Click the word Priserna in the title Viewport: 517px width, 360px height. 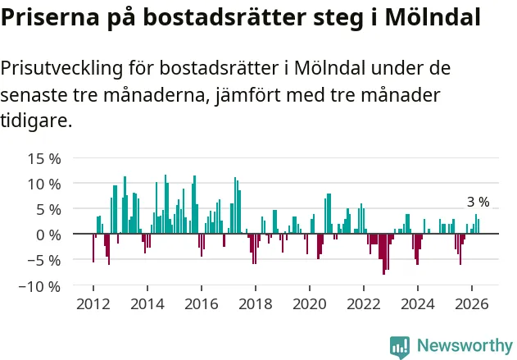50,17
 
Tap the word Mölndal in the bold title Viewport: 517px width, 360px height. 433,17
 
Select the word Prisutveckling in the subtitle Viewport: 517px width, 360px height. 61,69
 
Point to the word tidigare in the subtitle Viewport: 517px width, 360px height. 36,120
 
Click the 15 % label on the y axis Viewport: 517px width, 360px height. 44,159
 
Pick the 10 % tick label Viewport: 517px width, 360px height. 44,185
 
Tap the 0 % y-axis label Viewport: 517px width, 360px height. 48,235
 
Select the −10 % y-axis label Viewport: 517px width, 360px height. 40,286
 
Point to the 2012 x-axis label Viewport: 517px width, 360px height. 93,304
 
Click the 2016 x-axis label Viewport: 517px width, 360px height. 202,304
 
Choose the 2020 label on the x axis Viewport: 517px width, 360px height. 310,304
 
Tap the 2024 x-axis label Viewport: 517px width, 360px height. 418,304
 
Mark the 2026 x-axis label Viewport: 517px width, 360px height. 472,304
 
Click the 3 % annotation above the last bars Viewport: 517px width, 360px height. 478,202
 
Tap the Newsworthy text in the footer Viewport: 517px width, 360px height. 465,345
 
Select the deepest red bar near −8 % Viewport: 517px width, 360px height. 383,254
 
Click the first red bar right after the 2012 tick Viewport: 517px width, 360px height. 93,248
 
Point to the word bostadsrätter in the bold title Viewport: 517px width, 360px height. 224,17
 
